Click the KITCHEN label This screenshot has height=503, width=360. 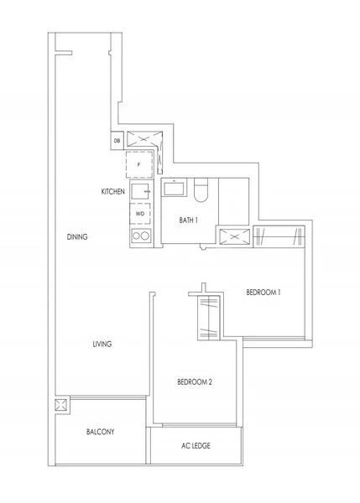point(113,192)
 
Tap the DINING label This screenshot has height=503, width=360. point(78,238)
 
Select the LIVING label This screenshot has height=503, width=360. point(102,344)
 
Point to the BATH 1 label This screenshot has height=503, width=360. point(188,220)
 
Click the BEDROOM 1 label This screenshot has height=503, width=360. point(263,293)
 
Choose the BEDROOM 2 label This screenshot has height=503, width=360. point(195,382)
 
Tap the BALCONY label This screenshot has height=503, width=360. point(100,432)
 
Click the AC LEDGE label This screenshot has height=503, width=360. point(196,446)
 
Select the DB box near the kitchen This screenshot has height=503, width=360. point(117,141)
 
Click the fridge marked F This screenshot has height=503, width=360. point(139,165)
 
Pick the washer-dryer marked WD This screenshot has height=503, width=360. point(139,215)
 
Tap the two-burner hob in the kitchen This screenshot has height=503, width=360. point(140,236)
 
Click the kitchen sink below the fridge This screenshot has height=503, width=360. point(140,192)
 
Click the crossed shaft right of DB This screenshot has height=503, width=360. point(142,140)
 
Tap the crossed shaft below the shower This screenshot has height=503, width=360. point(233,236)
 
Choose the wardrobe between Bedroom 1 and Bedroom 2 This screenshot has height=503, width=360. point(207,316)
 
